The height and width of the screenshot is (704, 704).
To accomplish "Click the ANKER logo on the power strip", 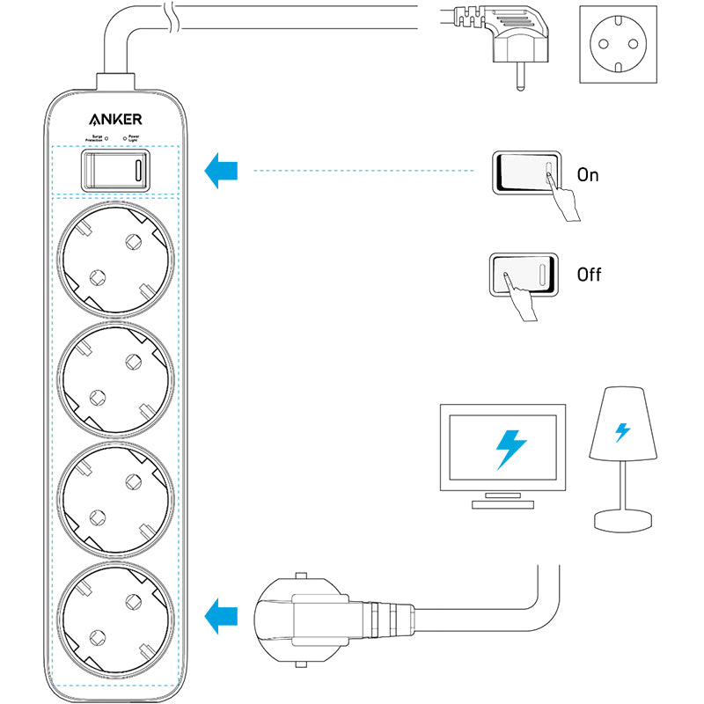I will pos(115,120).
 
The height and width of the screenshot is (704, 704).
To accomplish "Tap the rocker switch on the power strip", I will pos(115,169).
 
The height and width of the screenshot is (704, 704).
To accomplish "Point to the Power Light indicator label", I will pos(135,138).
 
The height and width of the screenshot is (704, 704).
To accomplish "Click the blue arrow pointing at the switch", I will pos(220,170).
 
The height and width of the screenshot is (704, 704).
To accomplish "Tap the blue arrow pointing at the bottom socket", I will pos(220,613).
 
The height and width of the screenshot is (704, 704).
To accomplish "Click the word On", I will pos(588,175).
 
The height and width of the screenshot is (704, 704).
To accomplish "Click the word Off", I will pos(589,275).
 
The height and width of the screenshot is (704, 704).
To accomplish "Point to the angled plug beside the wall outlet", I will pos(509,44).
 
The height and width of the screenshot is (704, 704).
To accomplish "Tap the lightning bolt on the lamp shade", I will pos(622,432).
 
